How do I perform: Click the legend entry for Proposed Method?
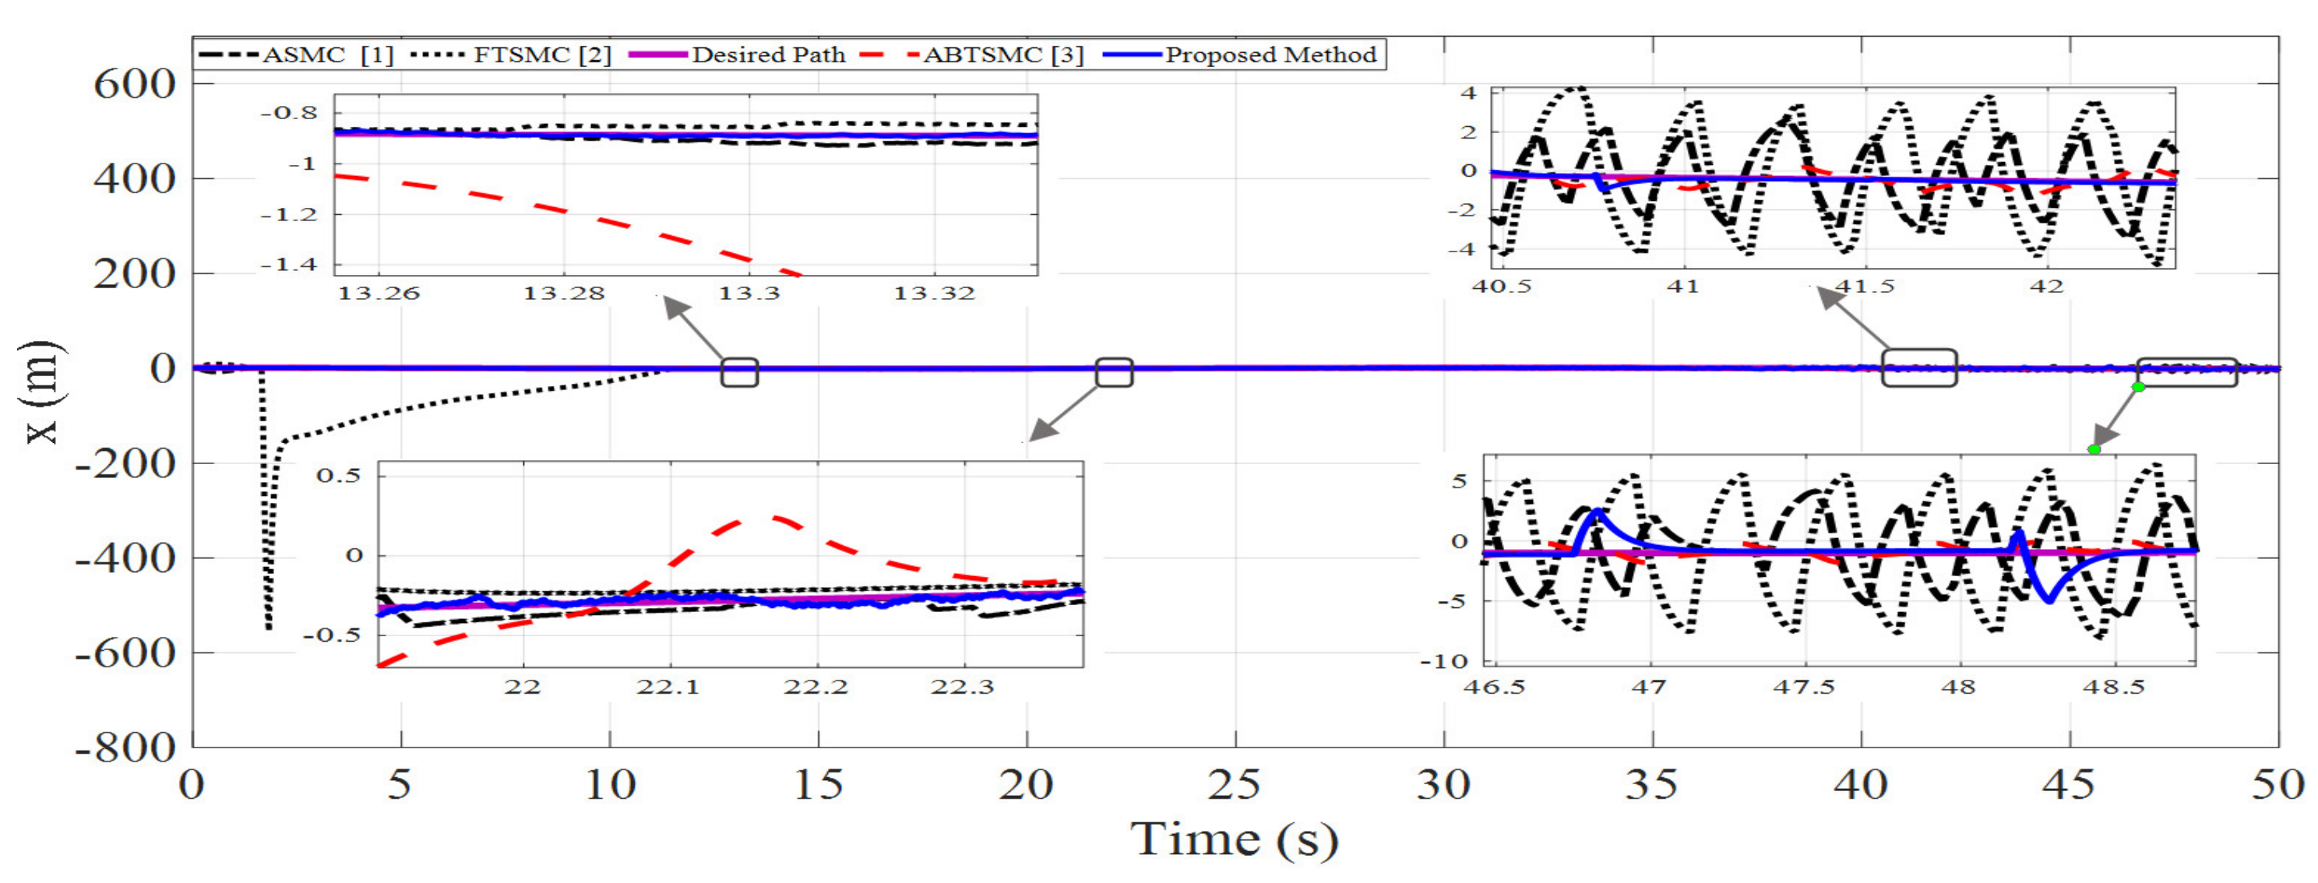[1270, 55]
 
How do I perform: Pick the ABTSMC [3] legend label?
[1002, 55]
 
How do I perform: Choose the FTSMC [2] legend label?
[541, 55]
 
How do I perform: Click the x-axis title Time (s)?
[1234, 839]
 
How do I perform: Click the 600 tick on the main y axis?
[135, 85]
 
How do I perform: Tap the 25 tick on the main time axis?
[1234, 785]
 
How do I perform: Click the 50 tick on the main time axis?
[2277, 785]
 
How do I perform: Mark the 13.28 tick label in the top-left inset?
[564, 293]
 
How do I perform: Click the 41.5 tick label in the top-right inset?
[1865, 287]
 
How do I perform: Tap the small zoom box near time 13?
[740, 372]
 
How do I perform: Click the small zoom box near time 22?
[1114, 372]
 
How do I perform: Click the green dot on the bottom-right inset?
[2094, 449]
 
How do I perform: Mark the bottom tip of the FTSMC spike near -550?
[268, 628]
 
